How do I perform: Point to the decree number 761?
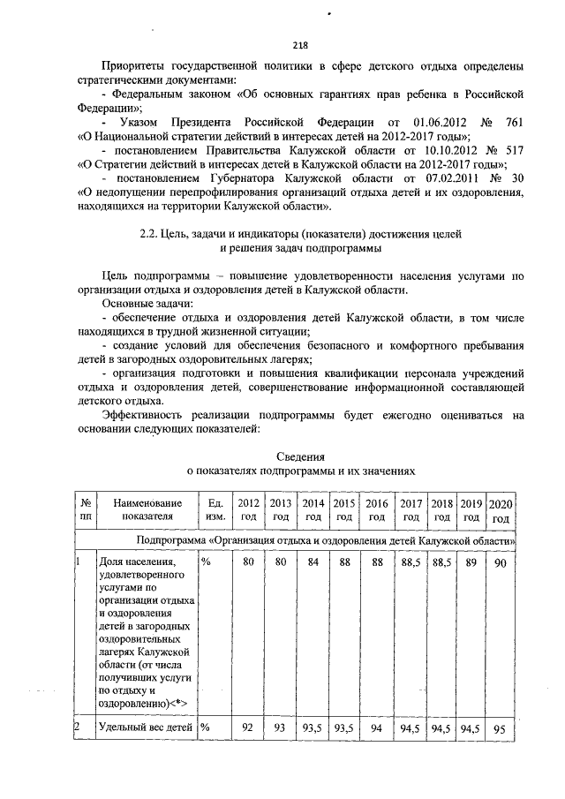pos(513,119)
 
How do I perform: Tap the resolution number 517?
pos(513,150)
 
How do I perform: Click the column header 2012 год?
pos(249,509)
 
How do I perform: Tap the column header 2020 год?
pos(501,509)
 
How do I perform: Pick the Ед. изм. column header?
pos(214,509)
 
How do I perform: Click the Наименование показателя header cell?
pos(140,509)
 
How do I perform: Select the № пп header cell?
pos(86,509)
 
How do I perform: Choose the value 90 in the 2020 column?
pos(501,562)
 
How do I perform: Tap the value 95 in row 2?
pos(501,728)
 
